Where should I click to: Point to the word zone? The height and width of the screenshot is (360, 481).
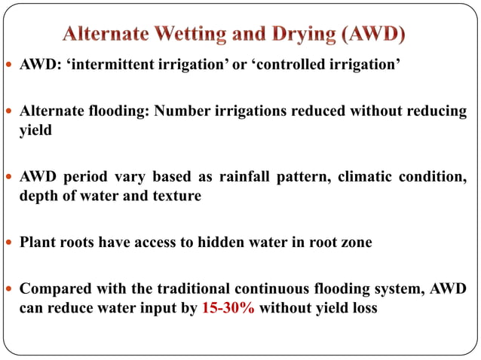click(x=357, y=243)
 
